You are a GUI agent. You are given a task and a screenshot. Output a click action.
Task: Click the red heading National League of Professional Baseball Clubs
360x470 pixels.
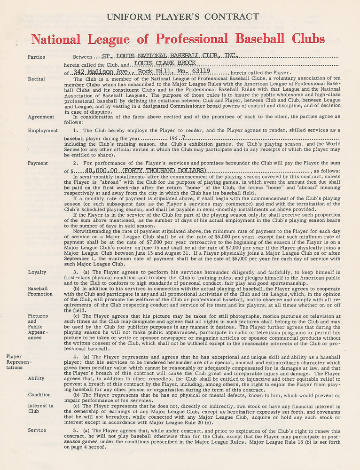pos(178,39)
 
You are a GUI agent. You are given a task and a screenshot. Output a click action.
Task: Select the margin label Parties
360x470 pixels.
pos(37,57)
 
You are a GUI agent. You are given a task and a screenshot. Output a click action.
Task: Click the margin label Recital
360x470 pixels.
pos(36,79)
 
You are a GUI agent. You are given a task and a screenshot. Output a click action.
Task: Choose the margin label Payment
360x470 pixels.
pos(38,164)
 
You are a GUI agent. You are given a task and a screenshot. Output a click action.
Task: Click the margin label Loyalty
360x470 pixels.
pos(37,272)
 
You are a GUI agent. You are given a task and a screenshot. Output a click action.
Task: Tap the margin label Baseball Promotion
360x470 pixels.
pos(40,291)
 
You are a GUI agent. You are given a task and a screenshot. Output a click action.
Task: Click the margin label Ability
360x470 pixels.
pos(36,378)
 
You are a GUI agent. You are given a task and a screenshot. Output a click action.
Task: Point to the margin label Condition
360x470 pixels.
pos(39,395)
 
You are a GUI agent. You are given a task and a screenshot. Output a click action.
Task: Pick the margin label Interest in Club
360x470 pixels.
pos(41,408)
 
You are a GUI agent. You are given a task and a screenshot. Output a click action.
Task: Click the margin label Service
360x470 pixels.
pos(37,430)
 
